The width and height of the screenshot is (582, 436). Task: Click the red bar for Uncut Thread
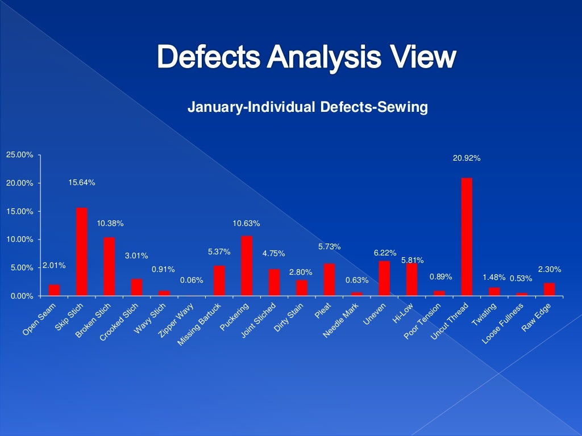pos(467,237)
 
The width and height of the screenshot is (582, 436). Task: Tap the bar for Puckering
pos(247,266)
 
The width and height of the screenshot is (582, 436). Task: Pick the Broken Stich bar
pos(109,266)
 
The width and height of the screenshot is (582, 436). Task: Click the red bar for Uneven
pos(384,278)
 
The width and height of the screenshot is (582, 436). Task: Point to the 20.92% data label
pos(467,158)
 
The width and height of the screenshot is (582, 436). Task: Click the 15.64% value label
pos(82,183)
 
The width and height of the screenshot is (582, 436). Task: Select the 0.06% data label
pos(189,280)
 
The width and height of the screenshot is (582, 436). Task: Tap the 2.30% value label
pos(550,269)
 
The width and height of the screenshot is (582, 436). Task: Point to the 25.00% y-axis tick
pos(20,155)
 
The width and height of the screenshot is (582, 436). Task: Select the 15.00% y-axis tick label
pos(20,212)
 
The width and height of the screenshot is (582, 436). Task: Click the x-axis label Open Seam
pos(40,318)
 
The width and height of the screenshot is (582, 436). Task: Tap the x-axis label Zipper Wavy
pos(176,321)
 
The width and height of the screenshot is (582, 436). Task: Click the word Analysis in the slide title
pos(306,57)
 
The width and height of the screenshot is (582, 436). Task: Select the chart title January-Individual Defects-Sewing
pos(307,107)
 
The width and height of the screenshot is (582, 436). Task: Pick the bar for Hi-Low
pos(411,279)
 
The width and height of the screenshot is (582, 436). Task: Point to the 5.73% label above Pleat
pos(329,247)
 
